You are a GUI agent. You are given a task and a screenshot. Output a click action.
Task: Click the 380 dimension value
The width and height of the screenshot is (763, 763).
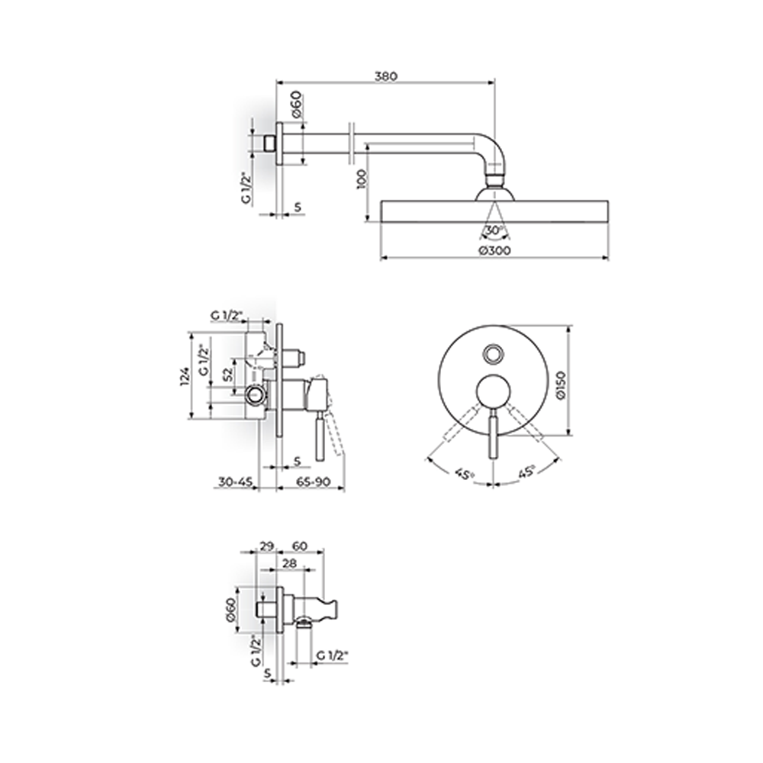coord(385,76)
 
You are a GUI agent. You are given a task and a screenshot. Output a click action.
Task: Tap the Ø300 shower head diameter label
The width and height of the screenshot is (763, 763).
coord(494,250)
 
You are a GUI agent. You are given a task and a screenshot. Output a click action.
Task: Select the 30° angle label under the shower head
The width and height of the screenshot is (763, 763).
coord(494,230)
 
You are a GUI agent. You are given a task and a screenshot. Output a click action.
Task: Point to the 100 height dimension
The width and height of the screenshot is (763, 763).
coord(362,179)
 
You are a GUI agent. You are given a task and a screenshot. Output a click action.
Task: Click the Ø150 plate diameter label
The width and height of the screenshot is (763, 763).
coord(561,385)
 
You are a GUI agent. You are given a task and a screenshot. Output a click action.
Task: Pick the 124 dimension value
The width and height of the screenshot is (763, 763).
coord(185,376)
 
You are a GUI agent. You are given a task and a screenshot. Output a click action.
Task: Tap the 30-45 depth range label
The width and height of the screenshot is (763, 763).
coord(235,481)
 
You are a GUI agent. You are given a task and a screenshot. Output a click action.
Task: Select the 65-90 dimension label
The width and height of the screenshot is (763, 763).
coord(314,481)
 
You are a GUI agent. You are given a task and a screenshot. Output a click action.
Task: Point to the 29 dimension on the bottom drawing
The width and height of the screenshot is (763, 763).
coord(266,546)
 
